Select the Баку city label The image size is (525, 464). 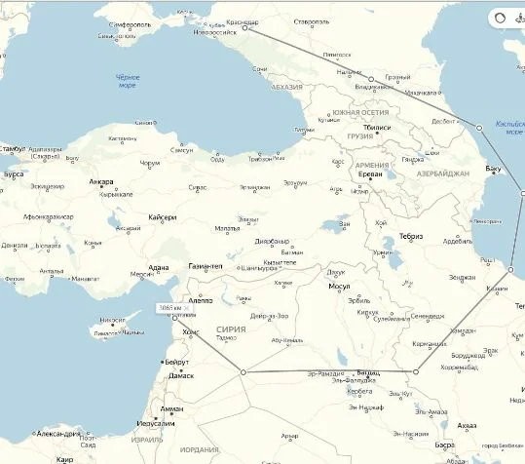(x=493, y=169)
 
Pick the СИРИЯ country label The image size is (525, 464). (x=232, y=329)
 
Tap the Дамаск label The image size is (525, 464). (x=180, y=375)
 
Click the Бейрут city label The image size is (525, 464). (x=177, y=363)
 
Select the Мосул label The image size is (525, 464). (x=339, y=287)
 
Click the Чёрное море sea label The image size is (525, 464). (x=128, y=80)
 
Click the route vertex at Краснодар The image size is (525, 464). (x=245, y=28)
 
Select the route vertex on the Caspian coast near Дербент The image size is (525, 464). (x=478, y=128)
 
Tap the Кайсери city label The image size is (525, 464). (x=163, y=216)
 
